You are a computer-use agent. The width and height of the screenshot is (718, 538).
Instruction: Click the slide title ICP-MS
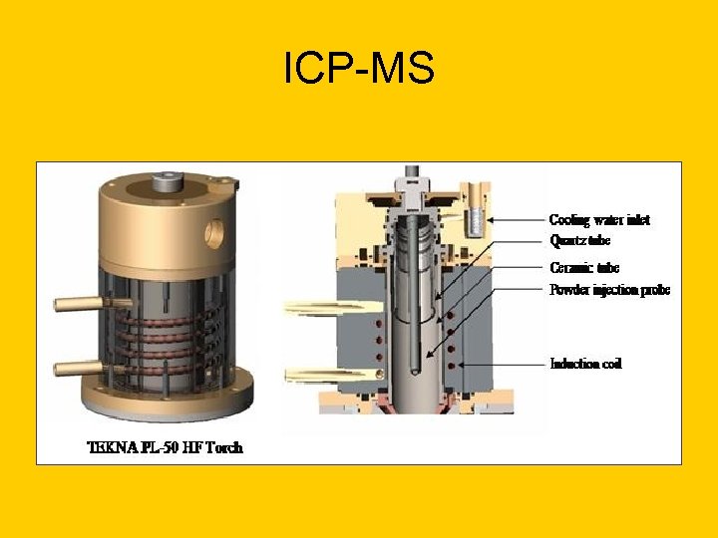[359, 69]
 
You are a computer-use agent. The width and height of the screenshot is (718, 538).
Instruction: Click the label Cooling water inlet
[599, 219]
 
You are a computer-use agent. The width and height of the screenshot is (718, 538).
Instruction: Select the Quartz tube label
[579, 240]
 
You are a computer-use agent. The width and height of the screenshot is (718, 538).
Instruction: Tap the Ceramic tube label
[584, 267]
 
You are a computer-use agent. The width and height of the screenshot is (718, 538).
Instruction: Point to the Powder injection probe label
[609, 290]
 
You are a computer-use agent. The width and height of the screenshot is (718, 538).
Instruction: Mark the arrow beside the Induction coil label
[509, 364]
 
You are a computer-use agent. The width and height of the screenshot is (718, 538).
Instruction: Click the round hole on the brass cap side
[216, 233]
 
